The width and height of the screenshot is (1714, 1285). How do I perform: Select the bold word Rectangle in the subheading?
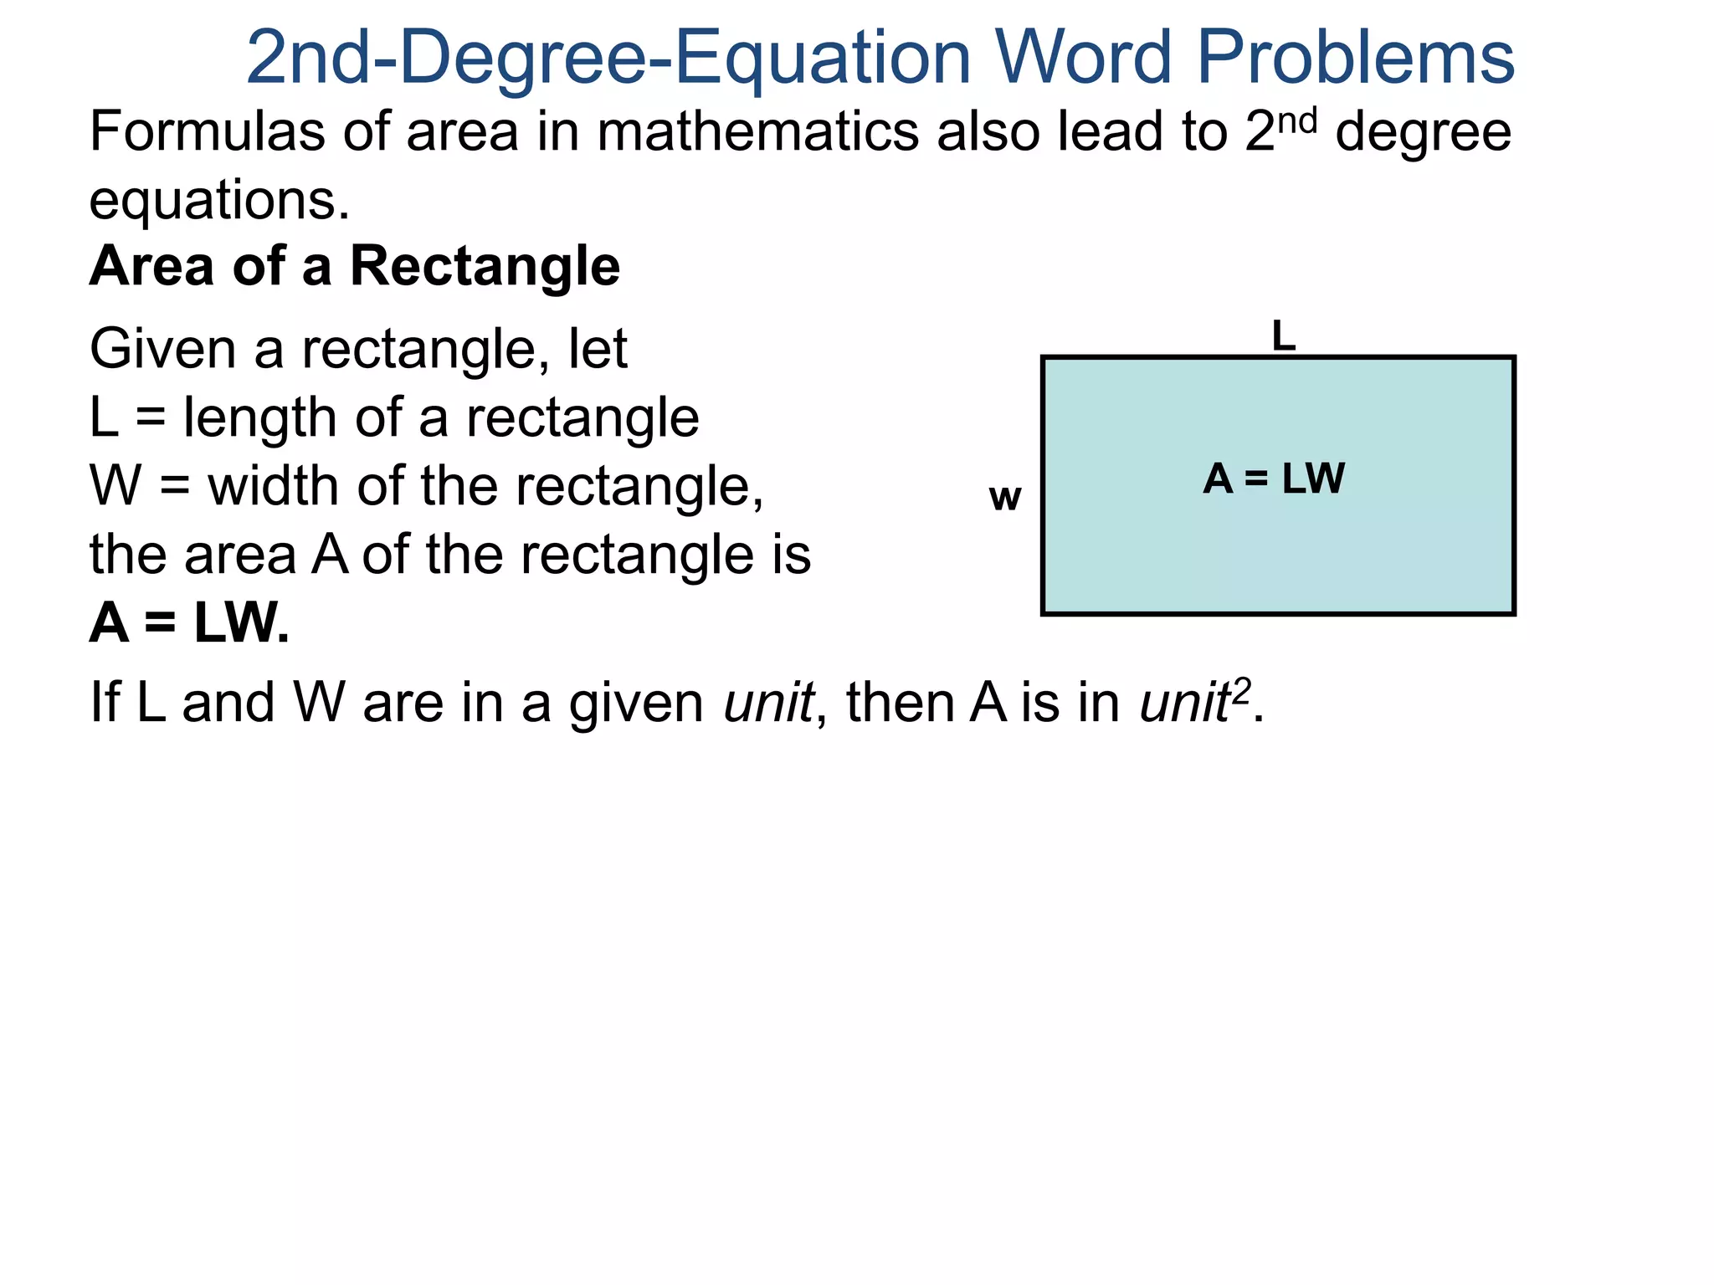pyautogui.click(x=485, y=267)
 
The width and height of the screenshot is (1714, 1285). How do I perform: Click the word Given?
pyautogui.click(x=162, y=349)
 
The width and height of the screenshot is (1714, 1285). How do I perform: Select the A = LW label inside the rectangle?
pyautogui.click(x=1274, y=479)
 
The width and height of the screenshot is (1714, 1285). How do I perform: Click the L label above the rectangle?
pyautogui.click(x=1283, y=336)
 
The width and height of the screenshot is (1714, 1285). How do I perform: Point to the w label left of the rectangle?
pyautogui.click(x=1004, y=498)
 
